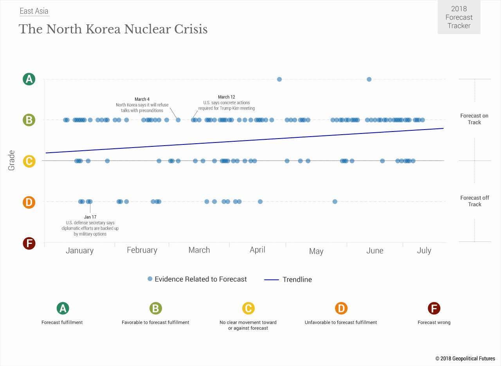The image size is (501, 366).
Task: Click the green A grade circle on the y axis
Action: (29, 79)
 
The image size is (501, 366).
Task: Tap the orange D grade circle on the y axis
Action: (29, 202)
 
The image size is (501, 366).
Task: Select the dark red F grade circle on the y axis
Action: (29, 243)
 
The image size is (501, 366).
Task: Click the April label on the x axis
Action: (258, 250)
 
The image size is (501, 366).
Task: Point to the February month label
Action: (142, 250)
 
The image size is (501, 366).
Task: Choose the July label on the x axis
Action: (424, 251)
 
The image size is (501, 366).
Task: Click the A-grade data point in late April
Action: (279, 79)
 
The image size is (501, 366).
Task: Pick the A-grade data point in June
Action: (369, 79)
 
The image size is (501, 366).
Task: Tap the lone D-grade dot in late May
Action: (335, 202)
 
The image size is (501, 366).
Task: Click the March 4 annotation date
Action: (142, 99)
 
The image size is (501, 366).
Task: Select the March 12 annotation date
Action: (226, 97)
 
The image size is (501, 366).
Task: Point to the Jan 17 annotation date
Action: (90, 217)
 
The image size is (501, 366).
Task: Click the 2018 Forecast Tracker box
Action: (459, 17)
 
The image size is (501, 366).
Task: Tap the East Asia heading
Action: (34, 11)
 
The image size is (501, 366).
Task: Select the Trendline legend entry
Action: (297, 279)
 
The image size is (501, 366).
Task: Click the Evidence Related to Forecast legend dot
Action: (150, 279)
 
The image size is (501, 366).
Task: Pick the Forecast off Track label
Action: (474, 201)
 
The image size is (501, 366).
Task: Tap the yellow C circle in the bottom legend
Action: (248, 308)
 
